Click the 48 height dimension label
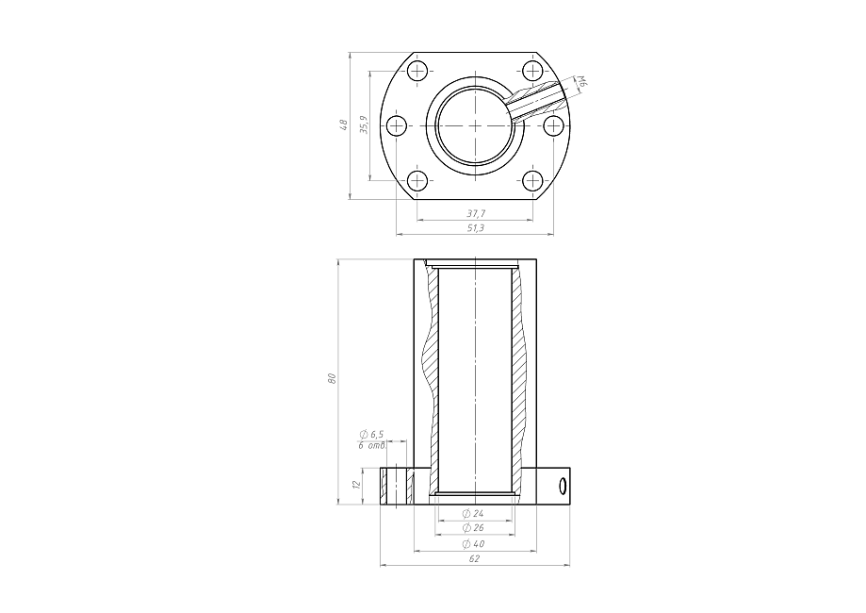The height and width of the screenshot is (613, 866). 344,124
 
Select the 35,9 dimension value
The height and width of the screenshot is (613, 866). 364,124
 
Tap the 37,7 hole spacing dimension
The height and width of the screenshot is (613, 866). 476,213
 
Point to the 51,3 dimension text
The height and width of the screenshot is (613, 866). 476,227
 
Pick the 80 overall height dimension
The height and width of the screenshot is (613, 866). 332,378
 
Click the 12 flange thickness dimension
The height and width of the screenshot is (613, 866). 356,484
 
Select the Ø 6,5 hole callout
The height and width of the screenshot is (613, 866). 371,435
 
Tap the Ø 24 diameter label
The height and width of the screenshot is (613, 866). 473,513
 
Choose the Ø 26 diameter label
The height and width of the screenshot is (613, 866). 473,528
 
